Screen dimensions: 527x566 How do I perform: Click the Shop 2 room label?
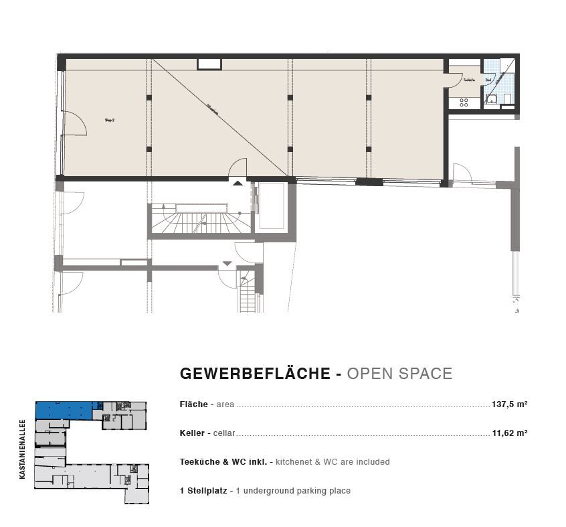point(110,121)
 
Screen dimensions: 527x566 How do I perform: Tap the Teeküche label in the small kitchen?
point(469,80)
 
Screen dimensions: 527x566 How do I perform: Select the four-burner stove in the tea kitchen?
point(463,102)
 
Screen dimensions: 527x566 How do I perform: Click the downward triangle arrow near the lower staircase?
point(227,263)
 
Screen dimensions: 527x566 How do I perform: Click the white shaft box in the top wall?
point(209,64)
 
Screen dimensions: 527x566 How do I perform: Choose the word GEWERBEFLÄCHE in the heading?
point(255,374)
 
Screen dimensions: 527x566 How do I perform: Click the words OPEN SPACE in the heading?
point(399,374)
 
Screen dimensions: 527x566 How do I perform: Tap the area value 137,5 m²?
point(510,404)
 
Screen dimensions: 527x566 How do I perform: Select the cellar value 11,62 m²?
point(510,433)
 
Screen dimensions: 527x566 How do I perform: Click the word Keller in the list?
point(192,433)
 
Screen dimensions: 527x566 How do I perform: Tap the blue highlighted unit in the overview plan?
point(64,410)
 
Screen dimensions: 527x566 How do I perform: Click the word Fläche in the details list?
point(193,404)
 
